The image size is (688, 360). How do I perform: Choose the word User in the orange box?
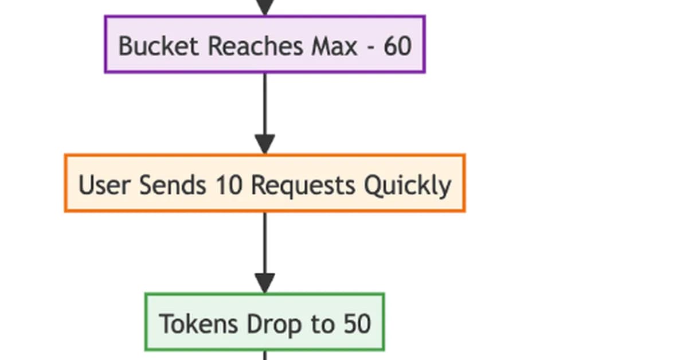(97, 185)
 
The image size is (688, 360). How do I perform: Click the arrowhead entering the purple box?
(264, 7)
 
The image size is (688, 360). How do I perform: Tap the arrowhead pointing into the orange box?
(264, 144)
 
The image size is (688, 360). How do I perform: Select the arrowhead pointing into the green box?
(264, 283)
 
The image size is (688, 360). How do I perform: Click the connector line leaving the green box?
(264, 355)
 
